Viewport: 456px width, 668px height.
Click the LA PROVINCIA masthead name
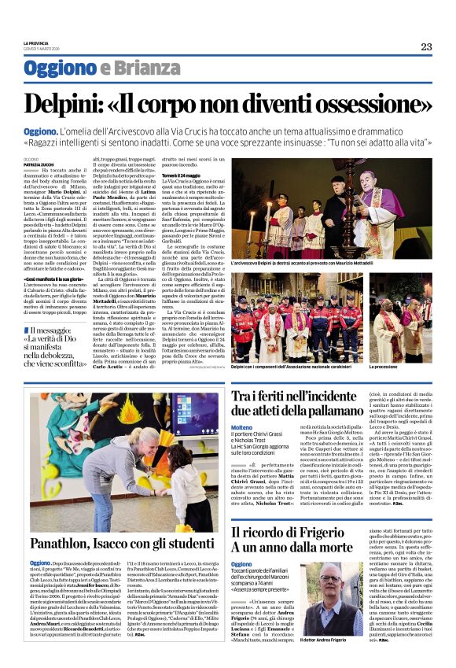35,42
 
